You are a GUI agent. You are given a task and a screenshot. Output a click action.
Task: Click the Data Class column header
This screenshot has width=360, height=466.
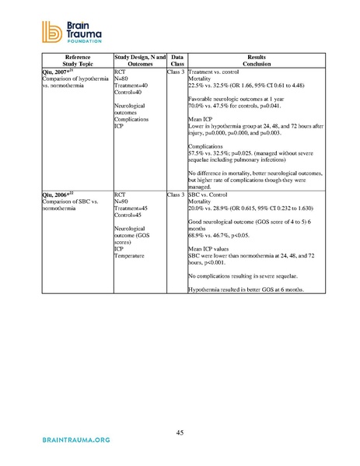[x=177, y=61]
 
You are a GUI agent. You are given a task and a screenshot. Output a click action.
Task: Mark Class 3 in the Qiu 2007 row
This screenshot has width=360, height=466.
[x=177, y=72]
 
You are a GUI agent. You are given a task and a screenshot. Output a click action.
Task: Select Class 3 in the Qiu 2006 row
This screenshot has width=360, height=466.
[x=177, y=191]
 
